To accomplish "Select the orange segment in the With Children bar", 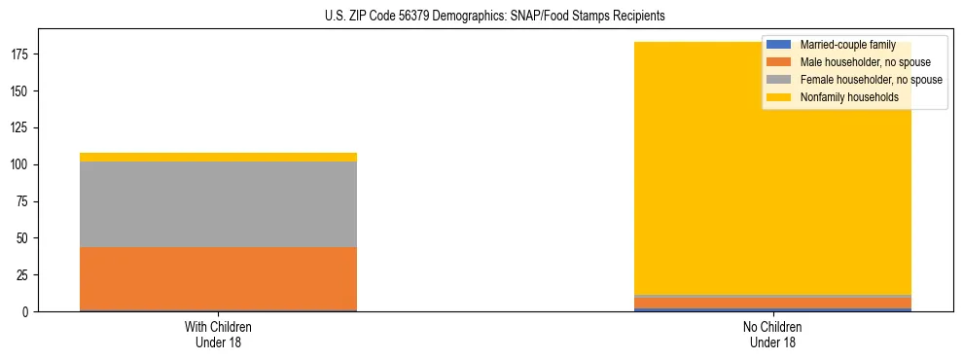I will coord(218,278).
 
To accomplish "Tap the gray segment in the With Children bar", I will coord(218,204).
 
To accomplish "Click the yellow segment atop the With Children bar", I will coord(218,157).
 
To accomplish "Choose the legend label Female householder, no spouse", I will coord(871,80).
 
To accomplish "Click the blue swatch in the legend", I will coord(779,45).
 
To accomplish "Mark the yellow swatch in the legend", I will coord(779,97).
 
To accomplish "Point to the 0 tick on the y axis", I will coord(26,312).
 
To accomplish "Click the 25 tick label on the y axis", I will coord(23,275).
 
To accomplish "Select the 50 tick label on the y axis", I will coord(23,238).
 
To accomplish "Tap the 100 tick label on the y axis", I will coord(20,165).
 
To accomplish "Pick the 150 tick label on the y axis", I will coord(20,91).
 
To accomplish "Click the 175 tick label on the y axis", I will coord(20,54).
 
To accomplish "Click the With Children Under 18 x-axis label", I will coord(218,334).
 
